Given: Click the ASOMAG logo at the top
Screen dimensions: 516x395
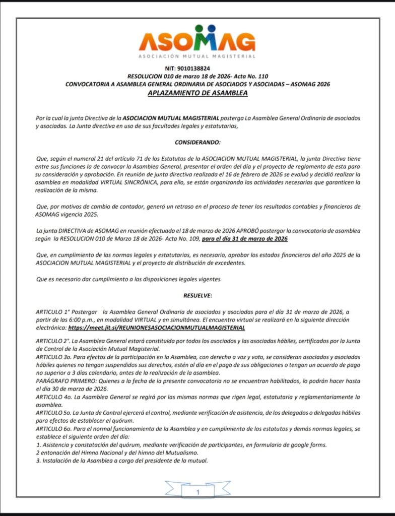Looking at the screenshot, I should pyautogui.click(x=197, y=39).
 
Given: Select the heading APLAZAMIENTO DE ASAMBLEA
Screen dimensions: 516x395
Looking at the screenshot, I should pyautogui.click(x=197, y=93).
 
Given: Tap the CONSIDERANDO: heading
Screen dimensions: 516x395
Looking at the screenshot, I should pyautogui.click(x=197, y=143).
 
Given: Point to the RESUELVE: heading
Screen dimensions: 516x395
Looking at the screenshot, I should pyautogui.click(x=197, y=295).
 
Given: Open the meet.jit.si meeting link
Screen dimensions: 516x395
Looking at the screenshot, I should pyautogui.click(x=157, y=328).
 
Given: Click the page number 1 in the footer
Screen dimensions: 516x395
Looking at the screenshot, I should pyautogui.click(x=198, y=492).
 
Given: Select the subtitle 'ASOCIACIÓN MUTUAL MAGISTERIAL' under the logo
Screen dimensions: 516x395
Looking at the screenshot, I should pyautogui.click(x=197, y=56).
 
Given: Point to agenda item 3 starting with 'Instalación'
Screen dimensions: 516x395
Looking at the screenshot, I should pyautogui.click(x=121, y=461).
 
